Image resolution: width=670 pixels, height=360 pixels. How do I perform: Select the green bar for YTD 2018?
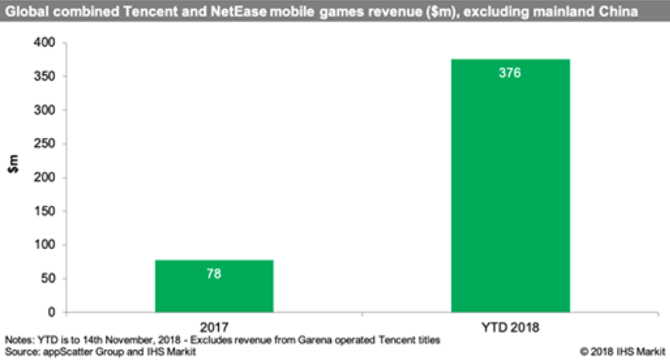pos(511,186)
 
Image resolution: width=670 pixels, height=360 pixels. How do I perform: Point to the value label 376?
pos(511,74)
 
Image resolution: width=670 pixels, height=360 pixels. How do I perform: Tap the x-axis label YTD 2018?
pos(511,328)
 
